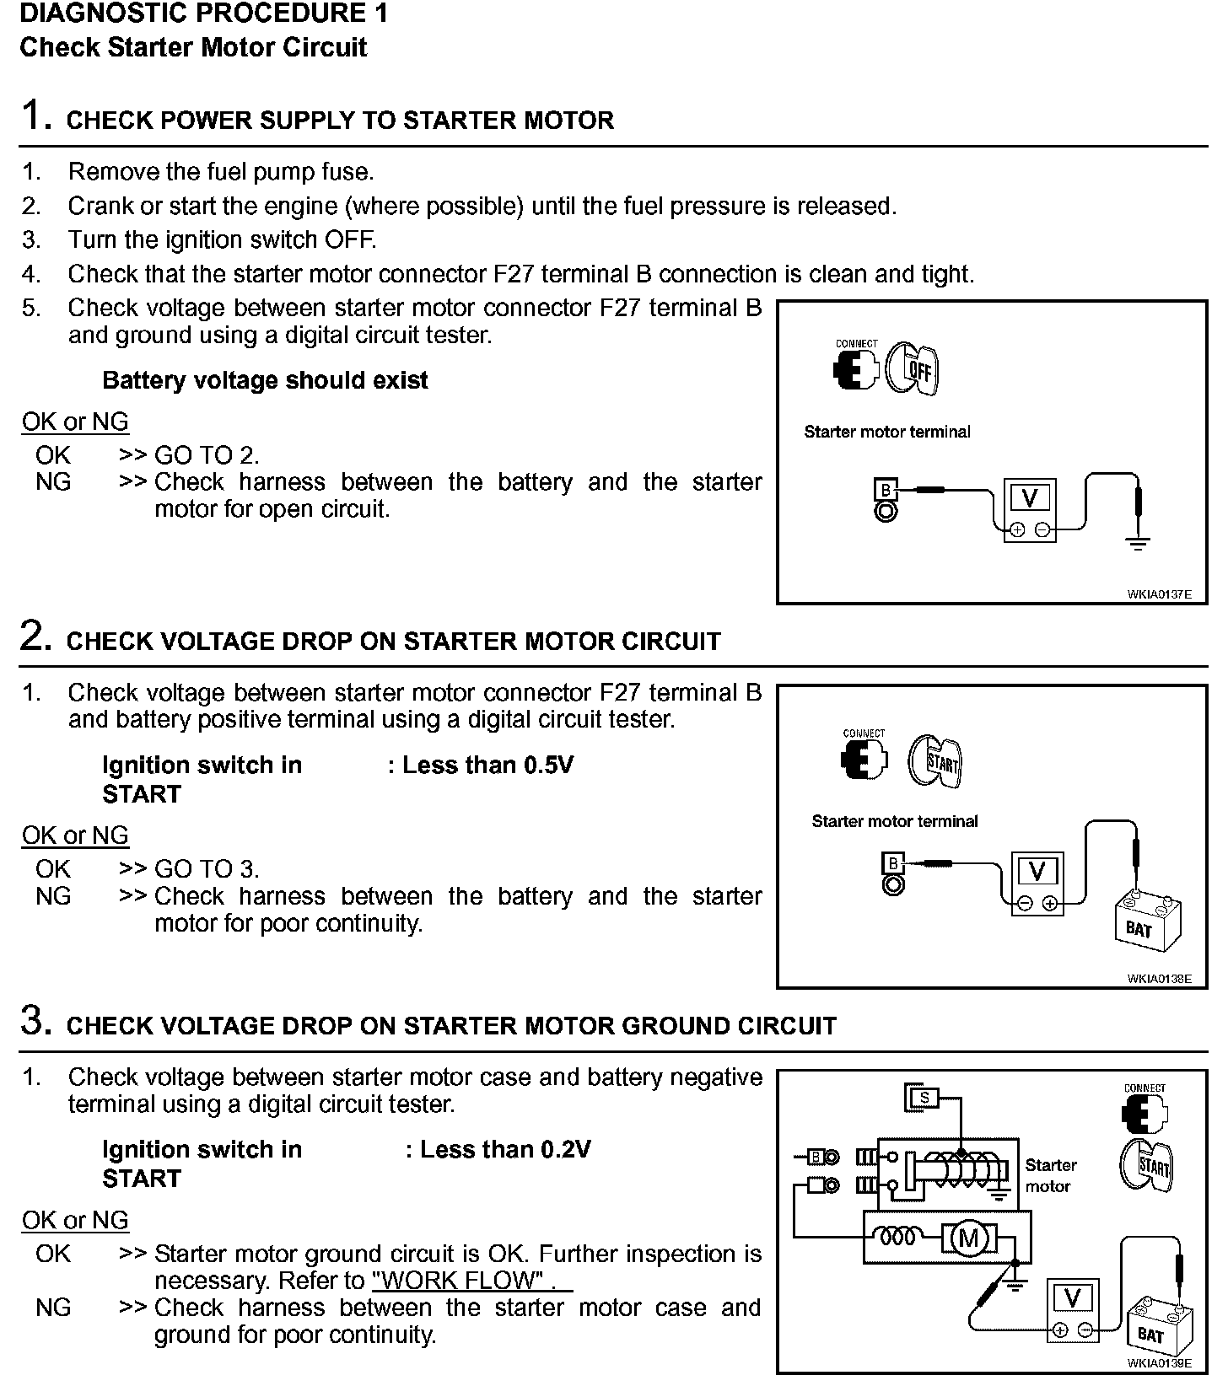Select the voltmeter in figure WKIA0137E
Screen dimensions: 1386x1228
pyautogui.click(x=1030, y=509)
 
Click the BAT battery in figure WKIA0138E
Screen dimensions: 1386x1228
pyautogui.click(x=1148, y=922)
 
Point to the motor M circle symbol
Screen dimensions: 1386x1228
pyautogui.click(x=967, y=1238)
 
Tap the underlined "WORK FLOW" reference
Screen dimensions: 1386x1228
pyautogui.click(x=462, y=1281)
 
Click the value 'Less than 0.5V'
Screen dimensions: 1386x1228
pyautogui.click(x=487, y=765)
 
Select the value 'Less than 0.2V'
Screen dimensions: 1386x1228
pyautogui.click(x=505, y=1149)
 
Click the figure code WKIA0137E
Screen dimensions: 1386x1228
pyautogui.click(x=1159, y=594)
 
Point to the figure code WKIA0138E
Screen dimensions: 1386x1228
pyautogui.click(x=1159, y=978)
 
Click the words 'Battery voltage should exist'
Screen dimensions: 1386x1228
pyautogui.click(x=265, y=380)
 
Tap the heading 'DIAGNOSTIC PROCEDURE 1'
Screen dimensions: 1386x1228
pyautogui.click(x=204, y=14)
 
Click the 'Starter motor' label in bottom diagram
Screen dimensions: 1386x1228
pyautogui.click(x=1050, y=1175)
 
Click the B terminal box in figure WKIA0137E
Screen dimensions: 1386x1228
pyautogui.click(x=885, y=490)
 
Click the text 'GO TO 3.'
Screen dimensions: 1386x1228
pyautogui.click(x=207, y=869)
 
